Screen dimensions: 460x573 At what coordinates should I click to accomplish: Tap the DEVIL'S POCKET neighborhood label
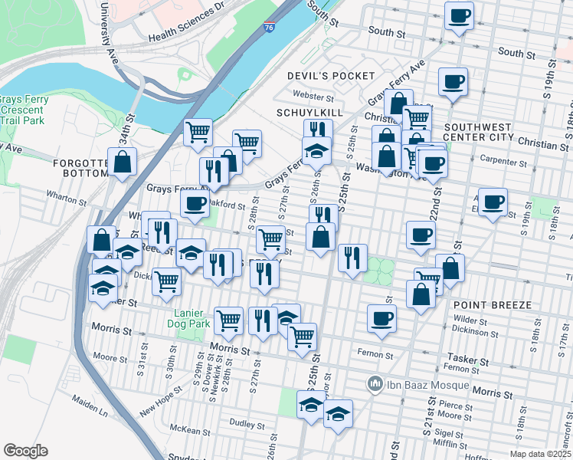(x=331, y=76)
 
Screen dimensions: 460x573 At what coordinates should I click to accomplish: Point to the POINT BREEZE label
(x=493, y=305)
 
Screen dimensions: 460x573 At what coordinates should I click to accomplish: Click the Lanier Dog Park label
(x=190, y=318)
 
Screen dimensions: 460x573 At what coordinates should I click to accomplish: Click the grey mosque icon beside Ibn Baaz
(x=375, y=382)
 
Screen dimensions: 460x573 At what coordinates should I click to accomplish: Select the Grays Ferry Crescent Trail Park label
(x=23, y=110)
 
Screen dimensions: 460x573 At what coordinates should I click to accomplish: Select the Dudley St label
(x=246, y=423)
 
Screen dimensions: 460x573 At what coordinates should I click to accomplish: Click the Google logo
(x=25, y=451)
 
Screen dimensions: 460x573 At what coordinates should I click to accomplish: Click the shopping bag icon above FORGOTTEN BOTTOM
(x=123, y=162)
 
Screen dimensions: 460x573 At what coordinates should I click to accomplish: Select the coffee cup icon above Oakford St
(x=195, y=204)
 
